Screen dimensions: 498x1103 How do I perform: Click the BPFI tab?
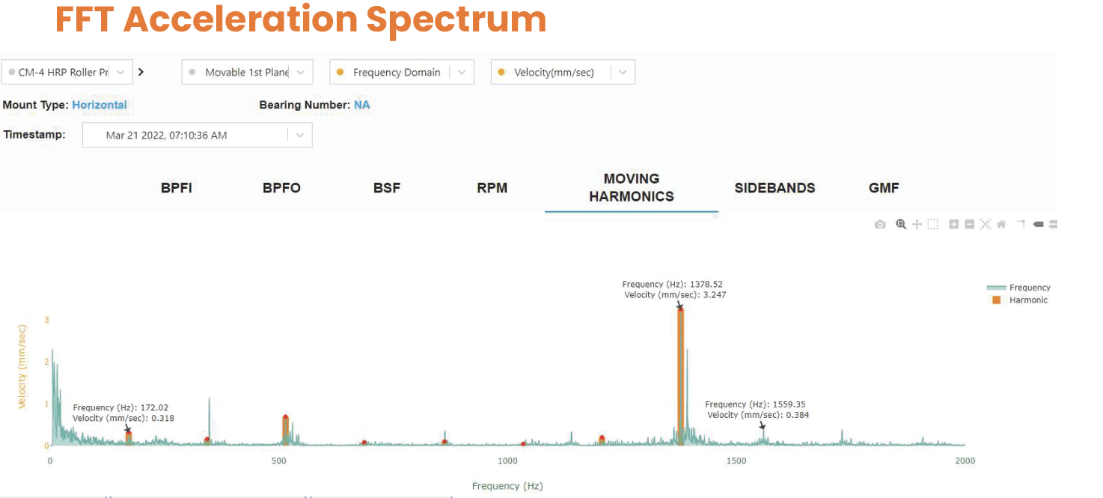click(177, 188)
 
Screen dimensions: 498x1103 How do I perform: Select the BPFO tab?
click(281, 188)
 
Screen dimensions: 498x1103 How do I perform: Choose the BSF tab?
click(387, 188)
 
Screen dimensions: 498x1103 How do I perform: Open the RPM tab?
click(492, 188)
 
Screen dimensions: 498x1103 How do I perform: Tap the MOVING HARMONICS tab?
click(632, 188)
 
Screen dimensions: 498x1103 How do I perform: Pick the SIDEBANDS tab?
click(774, 188)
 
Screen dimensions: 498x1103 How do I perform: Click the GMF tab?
click(884, 188)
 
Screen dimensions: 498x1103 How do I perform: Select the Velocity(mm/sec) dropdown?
click(563, 73)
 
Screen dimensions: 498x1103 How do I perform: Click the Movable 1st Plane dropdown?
click(247, 73)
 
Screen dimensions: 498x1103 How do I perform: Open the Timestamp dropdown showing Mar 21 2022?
click(197, 136)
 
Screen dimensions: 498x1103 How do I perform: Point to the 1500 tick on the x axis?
click(736, 461)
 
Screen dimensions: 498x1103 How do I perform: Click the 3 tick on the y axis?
click(46, 321)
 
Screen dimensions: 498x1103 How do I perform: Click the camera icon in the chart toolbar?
click(880, 225)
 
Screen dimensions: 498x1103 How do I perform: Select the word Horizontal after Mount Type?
click(100, 105)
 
